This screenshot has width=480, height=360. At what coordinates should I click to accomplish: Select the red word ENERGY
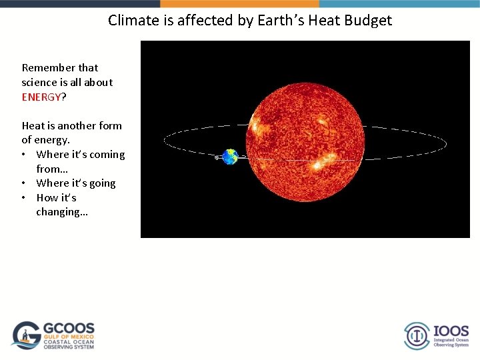41,97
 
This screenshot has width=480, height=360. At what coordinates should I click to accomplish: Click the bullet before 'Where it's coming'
25,155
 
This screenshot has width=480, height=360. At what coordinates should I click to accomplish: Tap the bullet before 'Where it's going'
25,183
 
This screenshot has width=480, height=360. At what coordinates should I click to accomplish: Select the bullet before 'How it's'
25,198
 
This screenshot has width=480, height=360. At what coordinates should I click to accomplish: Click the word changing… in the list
62,212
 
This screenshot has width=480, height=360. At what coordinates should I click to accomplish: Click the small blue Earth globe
230,157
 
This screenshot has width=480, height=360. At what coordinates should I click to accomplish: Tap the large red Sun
306,141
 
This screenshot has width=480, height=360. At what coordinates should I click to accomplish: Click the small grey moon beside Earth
217,158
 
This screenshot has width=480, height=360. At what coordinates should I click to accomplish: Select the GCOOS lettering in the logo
69,329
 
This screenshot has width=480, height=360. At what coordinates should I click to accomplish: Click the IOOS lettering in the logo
451,331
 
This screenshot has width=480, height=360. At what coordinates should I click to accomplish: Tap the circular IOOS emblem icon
417,335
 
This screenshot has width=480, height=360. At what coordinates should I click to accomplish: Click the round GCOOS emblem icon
27,335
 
